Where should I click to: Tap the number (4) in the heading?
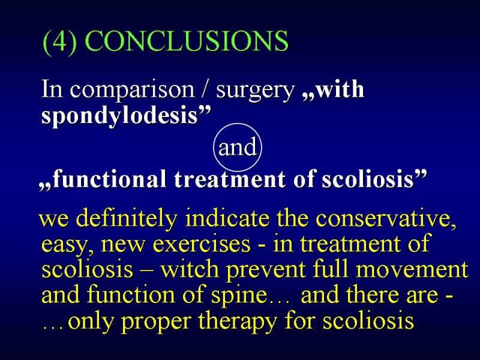(59, 42)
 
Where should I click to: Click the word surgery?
(254, 91)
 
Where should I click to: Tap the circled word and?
(238, 147)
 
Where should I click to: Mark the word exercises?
(201, 245)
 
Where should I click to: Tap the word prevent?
(266, 271)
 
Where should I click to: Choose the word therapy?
(237, 322)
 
